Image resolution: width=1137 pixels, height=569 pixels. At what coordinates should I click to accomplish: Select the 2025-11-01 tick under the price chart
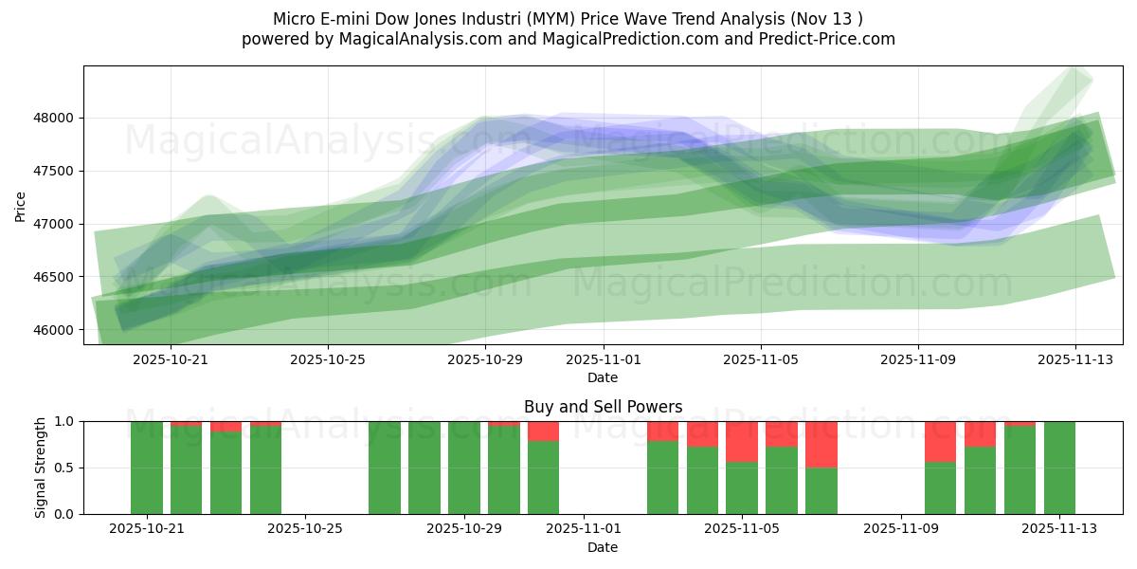[x=604, y=359]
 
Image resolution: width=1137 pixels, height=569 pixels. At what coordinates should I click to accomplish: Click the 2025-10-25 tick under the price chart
[x=328, y=359]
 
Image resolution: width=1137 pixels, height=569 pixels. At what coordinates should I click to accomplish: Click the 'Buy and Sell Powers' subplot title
[x=603, y=407]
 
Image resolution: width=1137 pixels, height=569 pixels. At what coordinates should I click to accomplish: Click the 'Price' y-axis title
[x=21, y=205]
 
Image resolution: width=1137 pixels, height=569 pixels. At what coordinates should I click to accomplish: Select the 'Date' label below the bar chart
[x=603, y=547]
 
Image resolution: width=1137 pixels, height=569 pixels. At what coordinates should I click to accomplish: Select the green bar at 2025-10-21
[x=147, y=468]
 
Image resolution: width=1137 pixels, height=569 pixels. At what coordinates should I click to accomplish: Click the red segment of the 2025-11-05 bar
[x=742, y=441]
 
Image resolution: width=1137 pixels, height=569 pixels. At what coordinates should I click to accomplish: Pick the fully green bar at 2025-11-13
[x=1059, y=468]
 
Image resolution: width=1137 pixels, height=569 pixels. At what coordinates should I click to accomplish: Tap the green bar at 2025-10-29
[x=464, y=468]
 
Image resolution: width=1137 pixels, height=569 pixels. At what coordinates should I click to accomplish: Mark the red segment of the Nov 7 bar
[x=821, y=444]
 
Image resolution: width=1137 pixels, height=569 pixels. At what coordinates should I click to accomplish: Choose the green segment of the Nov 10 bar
[x=940, y=487]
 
